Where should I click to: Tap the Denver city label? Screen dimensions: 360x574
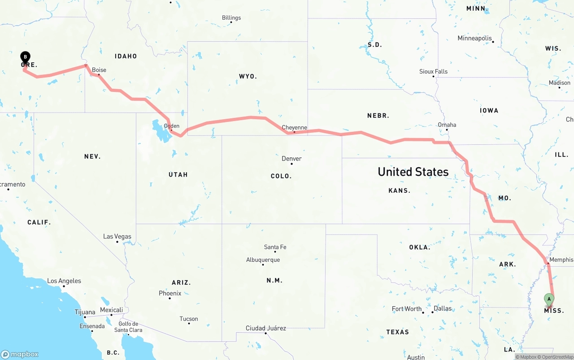(291, 159)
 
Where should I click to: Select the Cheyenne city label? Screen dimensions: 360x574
(294, 128)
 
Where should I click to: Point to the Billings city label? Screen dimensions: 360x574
(231, 18)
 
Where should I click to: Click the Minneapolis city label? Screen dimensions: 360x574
(474, 39)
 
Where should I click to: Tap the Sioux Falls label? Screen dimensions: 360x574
(433, 71)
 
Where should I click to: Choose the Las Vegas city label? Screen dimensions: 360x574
(117, 236)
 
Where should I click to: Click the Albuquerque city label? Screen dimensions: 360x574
(263, 260)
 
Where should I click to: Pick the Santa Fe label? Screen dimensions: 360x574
(275, 247)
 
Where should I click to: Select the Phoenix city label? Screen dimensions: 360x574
(170, 293)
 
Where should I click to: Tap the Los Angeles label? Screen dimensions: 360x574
(64, 281)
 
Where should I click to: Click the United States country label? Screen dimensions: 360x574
(413, 172)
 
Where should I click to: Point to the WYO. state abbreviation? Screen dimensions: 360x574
(248, 77)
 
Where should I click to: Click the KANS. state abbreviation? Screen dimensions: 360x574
(399, 191)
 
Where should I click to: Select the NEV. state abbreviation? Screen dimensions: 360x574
(92, 156)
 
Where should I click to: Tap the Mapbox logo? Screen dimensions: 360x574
(20, 354)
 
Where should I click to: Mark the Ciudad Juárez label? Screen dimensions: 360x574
(265, 328)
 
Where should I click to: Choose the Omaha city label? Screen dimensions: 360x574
(447, 125)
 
